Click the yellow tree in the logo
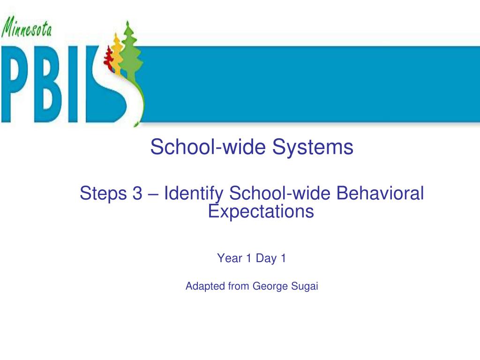(117, 52)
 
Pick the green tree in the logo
(129, 47)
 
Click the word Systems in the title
(314, 147)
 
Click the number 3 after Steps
(137, 193)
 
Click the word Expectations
(261, 211)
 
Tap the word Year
(230, 258)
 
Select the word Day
(266, 258)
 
